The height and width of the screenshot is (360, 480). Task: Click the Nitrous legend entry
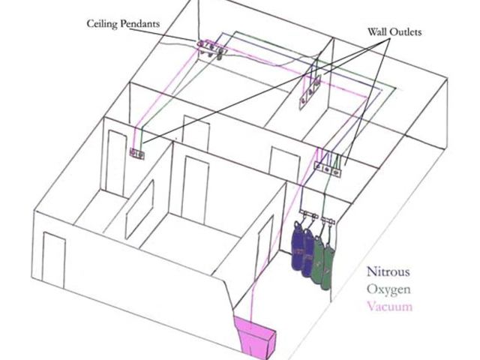(x=386, y=273)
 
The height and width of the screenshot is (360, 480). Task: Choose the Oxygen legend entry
(x=386, y=289)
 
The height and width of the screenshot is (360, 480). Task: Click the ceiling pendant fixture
(x=211, y=50)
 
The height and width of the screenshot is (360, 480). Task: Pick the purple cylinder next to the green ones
(x=309, y=252)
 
